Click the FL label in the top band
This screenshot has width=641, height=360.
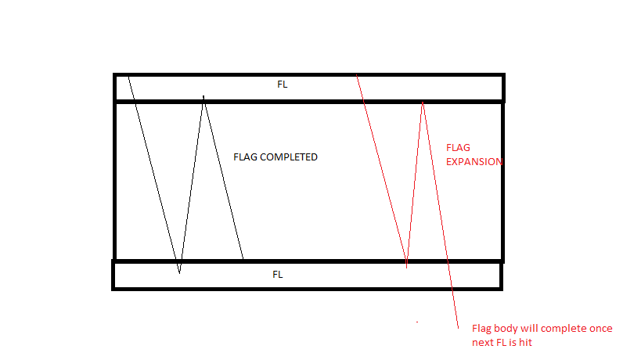[x=283, y=85]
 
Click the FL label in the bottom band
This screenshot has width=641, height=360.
[x=277, y=275]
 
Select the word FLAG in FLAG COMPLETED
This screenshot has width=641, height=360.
[x=247, y=157]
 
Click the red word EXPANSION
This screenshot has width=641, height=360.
[x=474, y=162]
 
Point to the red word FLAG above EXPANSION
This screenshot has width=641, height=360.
[x=458, y=147]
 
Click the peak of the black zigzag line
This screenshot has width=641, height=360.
[x=203, y=97]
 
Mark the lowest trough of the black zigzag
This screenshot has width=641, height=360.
[x=179, y=272]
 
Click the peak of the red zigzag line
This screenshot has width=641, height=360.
[x=423, y=102]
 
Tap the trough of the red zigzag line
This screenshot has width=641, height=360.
[x=406, y=266]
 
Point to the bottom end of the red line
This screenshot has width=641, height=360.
[x=459, y=328]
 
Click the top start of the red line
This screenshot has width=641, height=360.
[x=357, y=75]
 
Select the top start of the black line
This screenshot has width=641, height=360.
[x=128, y=76]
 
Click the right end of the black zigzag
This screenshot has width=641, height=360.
[x=243, y=259]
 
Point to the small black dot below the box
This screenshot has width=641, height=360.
[x=416, y=321]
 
